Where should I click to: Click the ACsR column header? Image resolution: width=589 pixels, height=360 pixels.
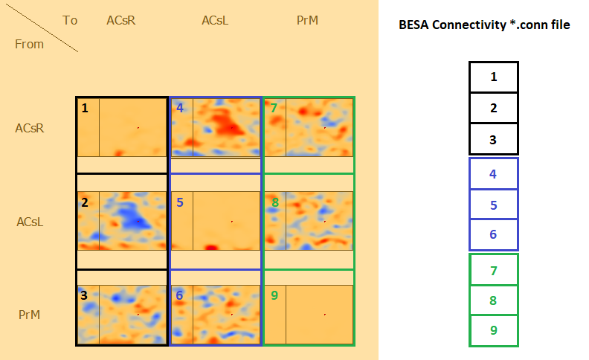coord(120,20)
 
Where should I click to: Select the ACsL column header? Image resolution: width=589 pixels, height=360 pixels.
coord(215,20)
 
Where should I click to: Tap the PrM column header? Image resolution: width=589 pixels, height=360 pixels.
coord(307,20)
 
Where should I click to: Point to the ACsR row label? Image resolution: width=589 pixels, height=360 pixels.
coord(30,128)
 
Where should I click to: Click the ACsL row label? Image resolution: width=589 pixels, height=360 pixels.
coord(30,222)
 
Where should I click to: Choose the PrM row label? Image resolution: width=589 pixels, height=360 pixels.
coord(29,315)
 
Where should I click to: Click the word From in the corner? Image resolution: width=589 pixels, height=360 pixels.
coord(29,44)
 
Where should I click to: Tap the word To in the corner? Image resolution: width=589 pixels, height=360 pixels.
coord(70,20)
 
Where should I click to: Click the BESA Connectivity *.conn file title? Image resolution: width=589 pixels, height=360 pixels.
coord(485,25)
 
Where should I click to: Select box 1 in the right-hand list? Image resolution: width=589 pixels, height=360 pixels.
coord(493,77)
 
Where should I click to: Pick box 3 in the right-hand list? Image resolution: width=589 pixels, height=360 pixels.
coord(493,139)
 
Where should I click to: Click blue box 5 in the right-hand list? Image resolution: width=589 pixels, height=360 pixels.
coord(493,204)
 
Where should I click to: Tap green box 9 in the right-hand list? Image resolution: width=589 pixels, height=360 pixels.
coord(493,330)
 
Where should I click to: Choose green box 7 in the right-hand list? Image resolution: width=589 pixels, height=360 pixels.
coord(493,270)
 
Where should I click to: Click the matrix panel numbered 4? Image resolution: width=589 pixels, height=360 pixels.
coord(216,127)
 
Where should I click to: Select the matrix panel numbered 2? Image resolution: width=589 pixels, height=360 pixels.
coord(122,221)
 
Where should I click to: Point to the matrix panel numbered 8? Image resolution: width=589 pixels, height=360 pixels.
coord(309,221)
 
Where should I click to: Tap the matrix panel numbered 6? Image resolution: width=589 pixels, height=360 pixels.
coord(216,315)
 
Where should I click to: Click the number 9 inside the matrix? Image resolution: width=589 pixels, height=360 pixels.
coord(274,295)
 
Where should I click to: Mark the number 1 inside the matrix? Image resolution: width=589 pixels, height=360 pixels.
coord(85,108)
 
